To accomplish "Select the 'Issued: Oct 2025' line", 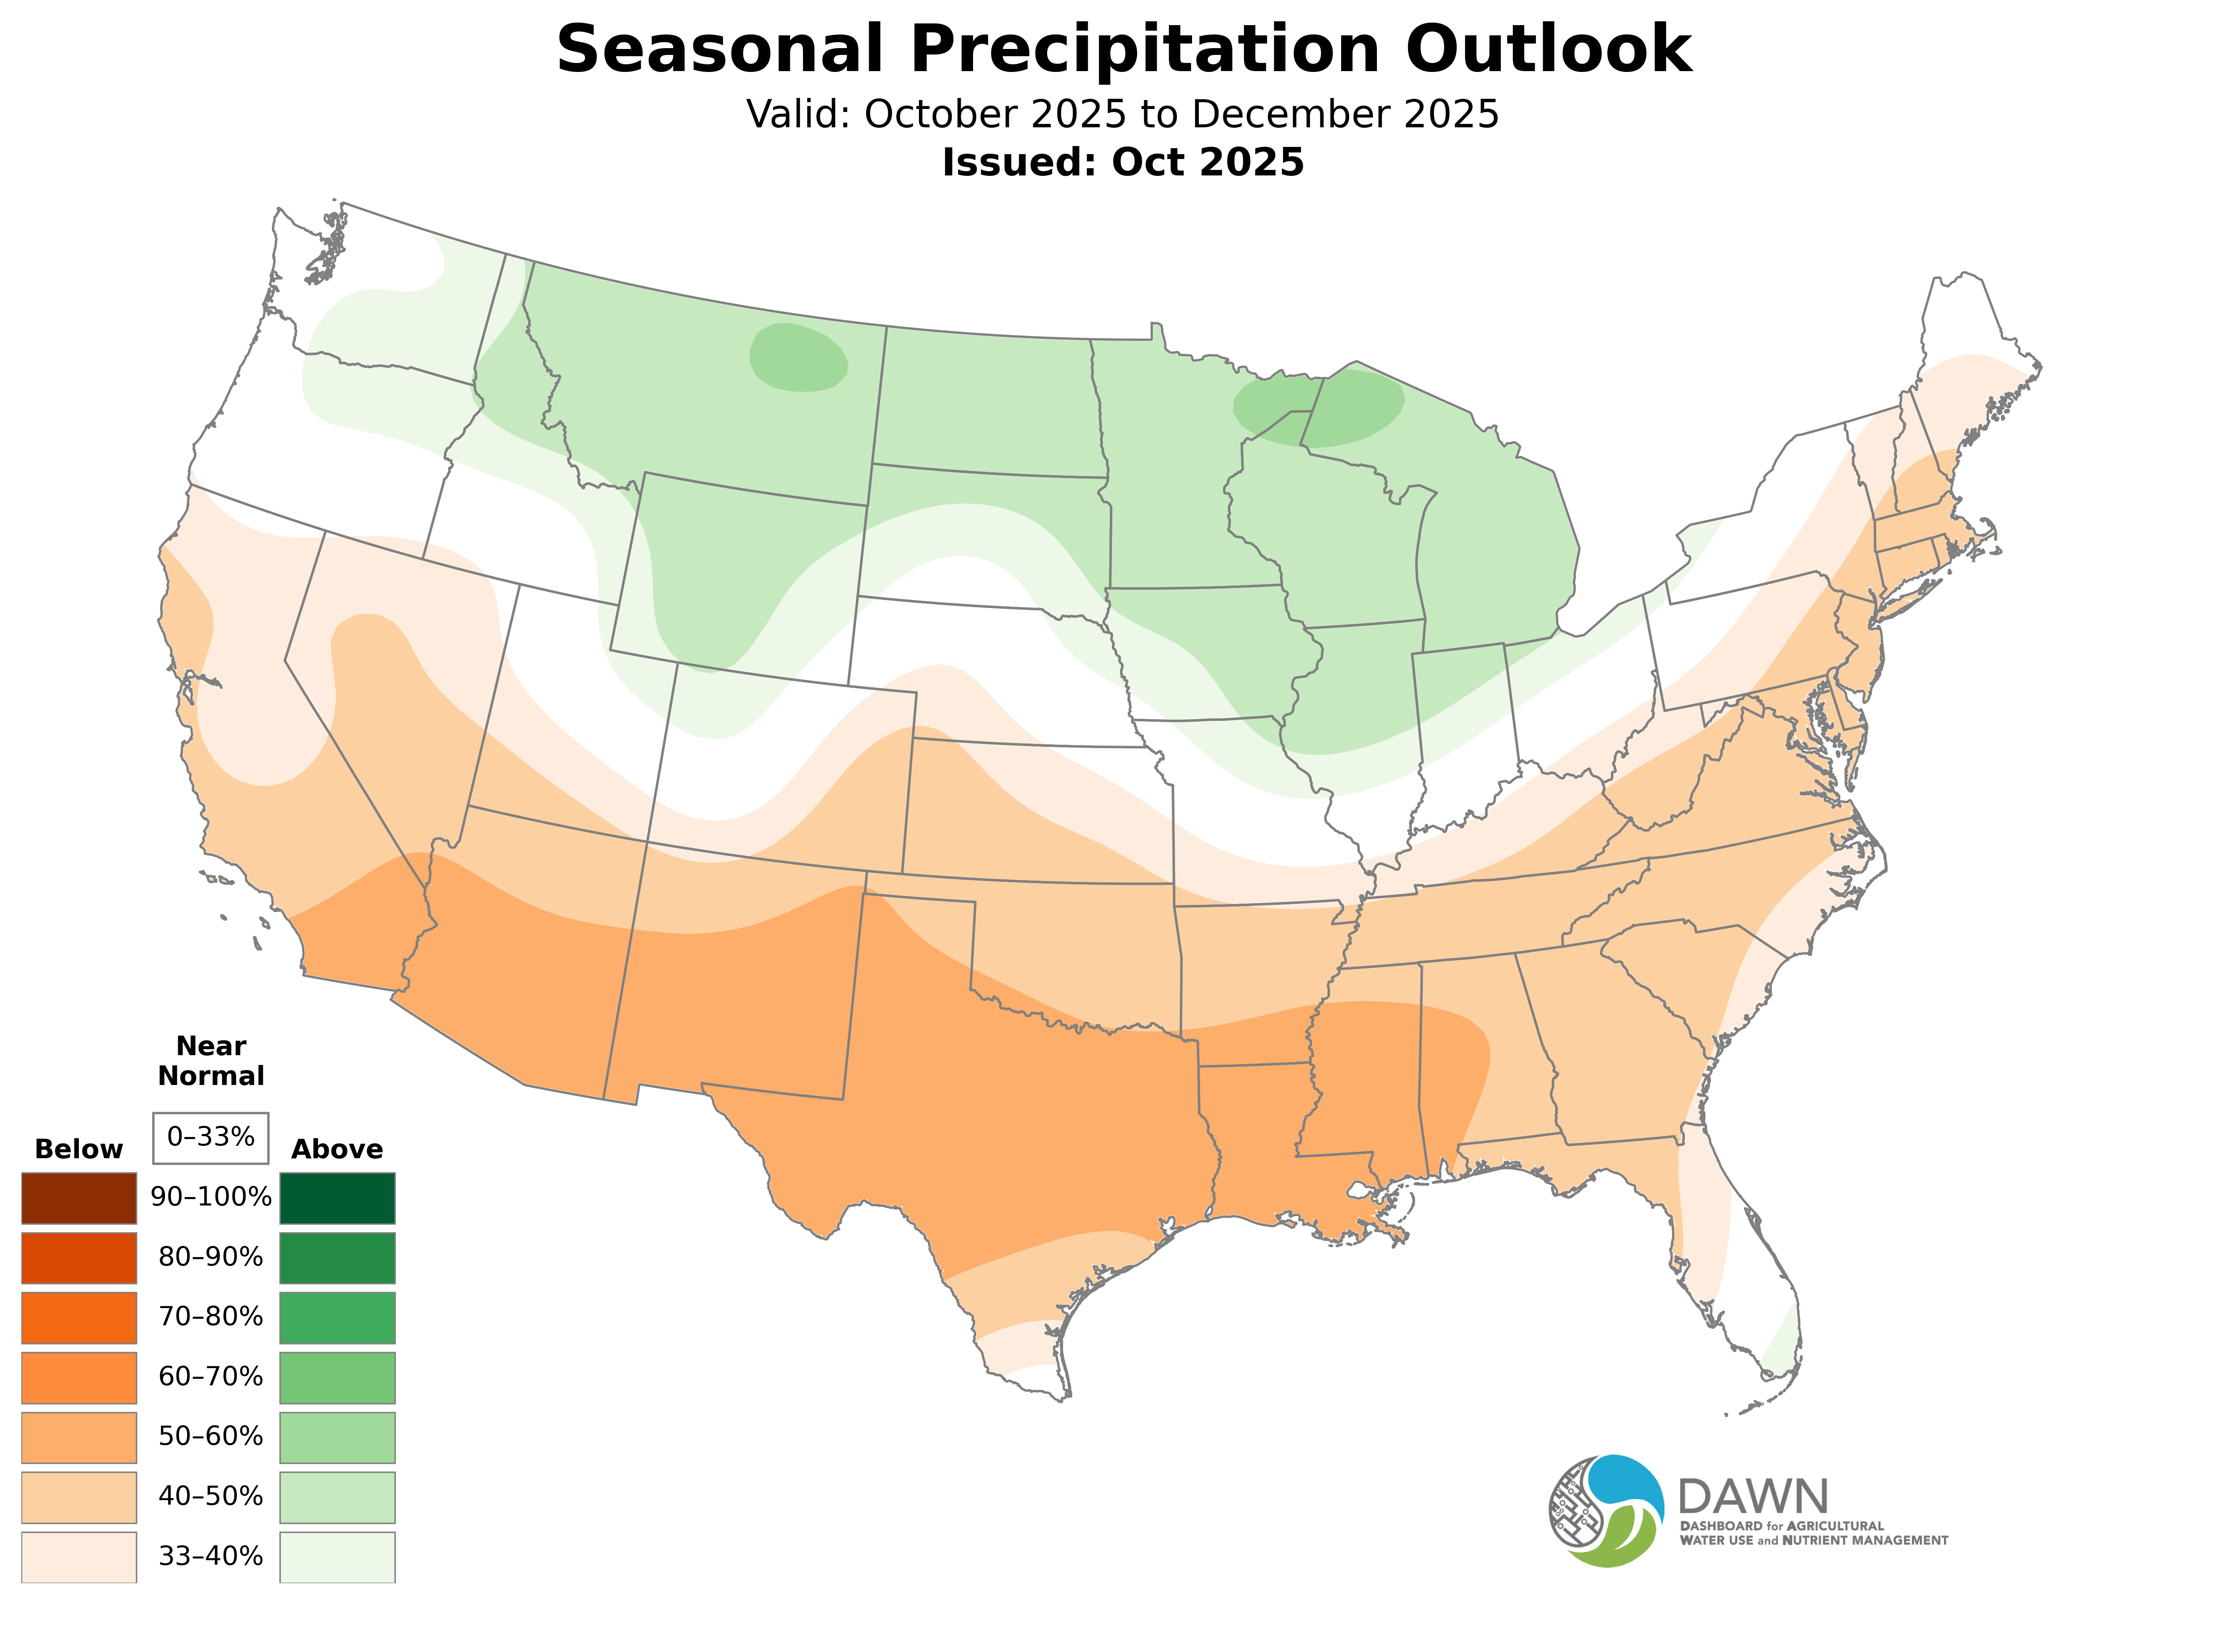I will pos(1123,162).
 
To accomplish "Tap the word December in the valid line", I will pos(1296,115).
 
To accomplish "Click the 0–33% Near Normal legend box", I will pos(210,1138).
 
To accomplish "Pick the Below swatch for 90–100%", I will pos(79,1198).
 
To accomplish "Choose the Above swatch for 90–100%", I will pos(337,1198).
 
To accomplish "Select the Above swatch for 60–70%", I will pos(337,1377).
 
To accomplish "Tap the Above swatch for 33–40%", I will pos(337,1557).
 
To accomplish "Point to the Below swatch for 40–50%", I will pos(79,1497).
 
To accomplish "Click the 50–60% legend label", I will pos(210,1436).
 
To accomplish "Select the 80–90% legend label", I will pos(210,1257).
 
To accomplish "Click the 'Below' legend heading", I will pos(79,1150).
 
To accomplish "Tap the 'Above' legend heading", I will pos(337,1150).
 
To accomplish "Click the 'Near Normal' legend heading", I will pos(210,1061).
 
